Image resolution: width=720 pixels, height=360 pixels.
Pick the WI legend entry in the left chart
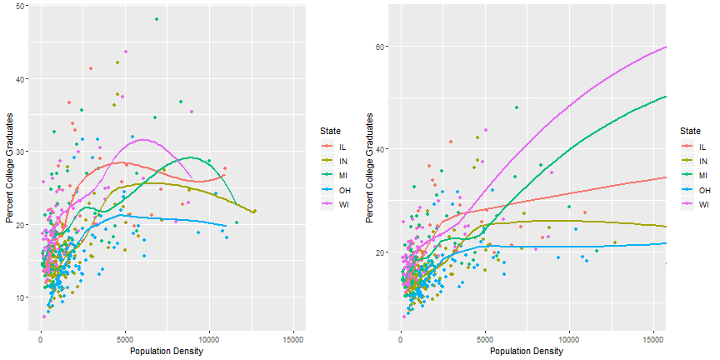[337, 202]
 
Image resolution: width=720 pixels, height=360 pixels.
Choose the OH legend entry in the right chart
[697, 189]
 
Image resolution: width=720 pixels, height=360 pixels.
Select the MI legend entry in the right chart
[697, 175]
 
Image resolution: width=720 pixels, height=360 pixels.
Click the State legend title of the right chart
[689, 131]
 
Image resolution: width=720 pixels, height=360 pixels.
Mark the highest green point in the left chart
[156, 19]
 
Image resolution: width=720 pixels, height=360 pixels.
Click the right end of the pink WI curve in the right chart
[666, 47]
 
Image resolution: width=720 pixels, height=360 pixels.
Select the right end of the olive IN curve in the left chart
[253, 212]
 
